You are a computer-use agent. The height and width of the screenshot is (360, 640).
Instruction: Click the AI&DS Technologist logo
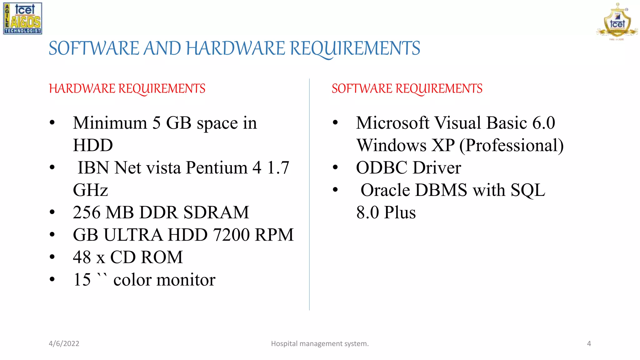[22, 18]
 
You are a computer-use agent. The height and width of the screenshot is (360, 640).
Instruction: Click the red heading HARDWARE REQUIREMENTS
[127, 89]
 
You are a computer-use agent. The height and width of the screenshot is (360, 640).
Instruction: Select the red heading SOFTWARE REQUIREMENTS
[407, 89]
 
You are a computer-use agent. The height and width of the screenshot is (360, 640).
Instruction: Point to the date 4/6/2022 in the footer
[64, 343]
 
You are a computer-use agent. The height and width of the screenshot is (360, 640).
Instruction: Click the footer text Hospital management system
[320, 343]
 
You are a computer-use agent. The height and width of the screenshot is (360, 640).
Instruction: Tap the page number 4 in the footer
[589, 343]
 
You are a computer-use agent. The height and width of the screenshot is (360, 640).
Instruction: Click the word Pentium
[217, 168]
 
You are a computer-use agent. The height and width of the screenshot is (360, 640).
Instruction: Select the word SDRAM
[216, 212]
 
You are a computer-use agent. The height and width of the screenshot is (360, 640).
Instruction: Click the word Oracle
[385, 190]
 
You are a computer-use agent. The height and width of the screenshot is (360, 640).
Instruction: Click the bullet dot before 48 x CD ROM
[52, 257]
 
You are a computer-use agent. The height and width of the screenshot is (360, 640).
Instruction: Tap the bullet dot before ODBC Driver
[335, 167]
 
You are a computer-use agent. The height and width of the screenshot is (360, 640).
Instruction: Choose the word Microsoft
[392, 123]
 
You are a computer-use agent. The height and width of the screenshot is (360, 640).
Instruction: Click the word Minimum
[110, 123]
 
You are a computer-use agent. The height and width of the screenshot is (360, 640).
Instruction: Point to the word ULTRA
[133, 235]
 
